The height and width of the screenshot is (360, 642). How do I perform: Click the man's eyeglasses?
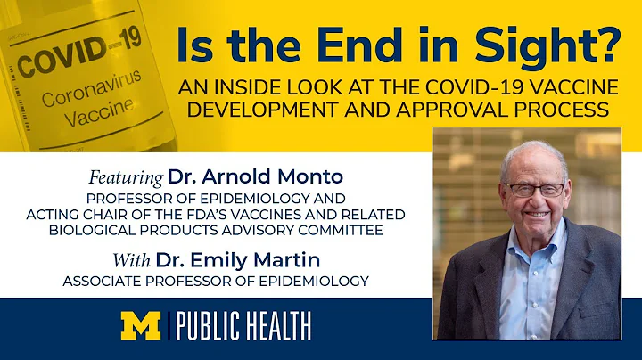(534, 189)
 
